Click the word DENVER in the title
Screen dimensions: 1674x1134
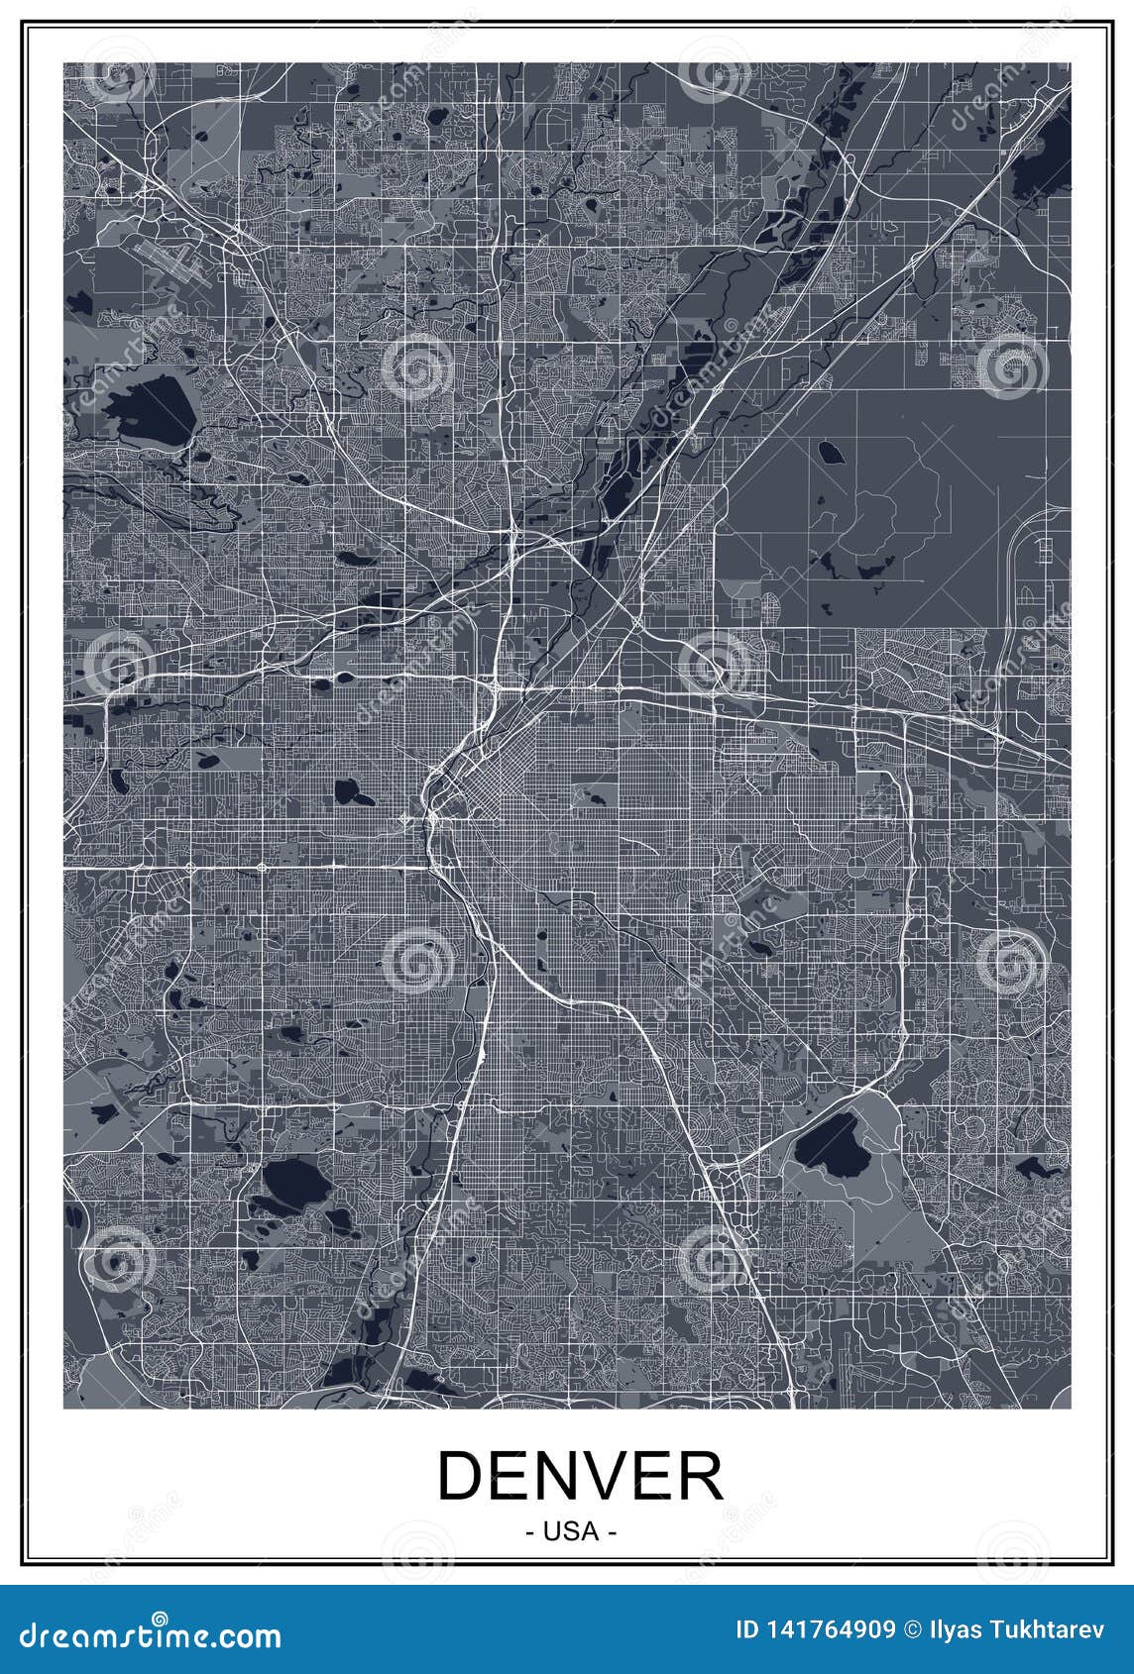click(580, 1476)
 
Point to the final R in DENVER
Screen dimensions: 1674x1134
click(700, 1476)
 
